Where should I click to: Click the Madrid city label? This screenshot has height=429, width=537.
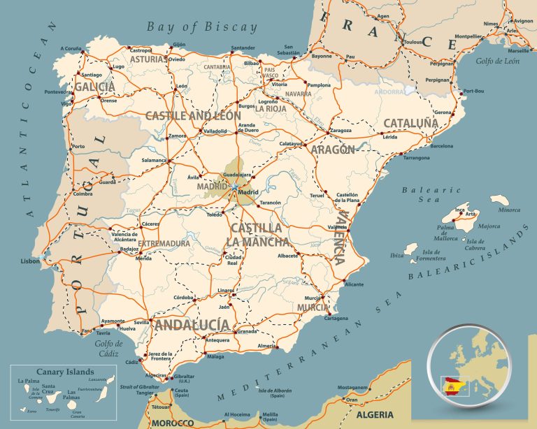pyautogui.click(x=248, y=192)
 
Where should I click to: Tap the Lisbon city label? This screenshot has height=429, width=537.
pyautogui.click(x=30, y=261)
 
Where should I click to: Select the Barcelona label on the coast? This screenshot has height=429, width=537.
pyautogui.click(x=441, y=146)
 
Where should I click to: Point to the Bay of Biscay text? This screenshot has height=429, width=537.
pyautogui.click(x=202, y=27)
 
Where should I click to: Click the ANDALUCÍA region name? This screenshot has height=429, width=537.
pyautogui.click(x=192, y=324)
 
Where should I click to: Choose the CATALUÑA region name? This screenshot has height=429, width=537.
pyautogui.click(x=410, y=123)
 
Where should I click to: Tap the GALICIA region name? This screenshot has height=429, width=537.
pyautogui.click(x=94, y=87)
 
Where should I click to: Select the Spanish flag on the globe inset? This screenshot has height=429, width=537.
pyautogui.click(x=452, y=384)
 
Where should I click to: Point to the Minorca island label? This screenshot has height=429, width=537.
pyautogui.click(x=509, y=210)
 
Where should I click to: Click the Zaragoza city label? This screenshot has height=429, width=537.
pyautogui.click(x=341, y=130)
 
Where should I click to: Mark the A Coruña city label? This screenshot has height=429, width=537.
pyautogui.click(x=71, y=48)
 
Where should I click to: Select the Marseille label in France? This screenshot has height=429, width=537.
pyautogui.click(x=518, y=51)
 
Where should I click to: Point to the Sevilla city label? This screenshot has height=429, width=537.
pyautogui.click(x=141, y=322)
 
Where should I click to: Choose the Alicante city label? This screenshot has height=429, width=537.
pyautogui.click(x=355, y=284)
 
